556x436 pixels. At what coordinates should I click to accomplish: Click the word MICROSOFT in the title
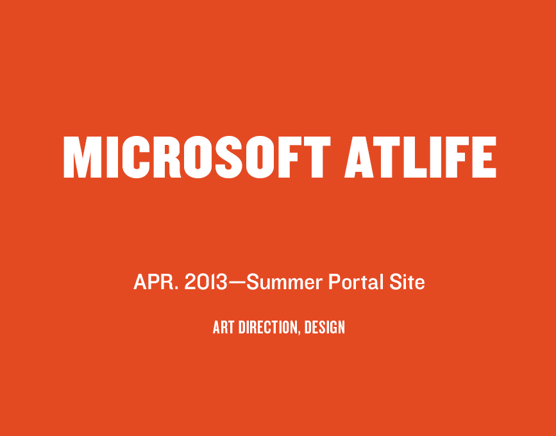point(197,157)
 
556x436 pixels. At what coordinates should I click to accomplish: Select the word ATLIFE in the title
point(420,157)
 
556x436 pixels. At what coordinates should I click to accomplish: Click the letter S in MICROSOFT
point(229,157)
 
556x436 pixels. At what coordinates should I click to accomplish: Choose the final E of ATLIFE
point(484,157)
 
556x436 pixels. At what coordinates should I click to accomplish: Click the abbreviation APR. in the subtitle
point(156,282)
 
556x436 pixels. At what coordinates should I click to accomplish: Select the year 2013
point(206,282)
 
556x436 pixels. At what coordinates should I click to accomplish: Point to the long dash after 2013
point(237,283)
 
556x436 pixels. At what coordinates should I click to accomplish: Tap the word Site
point(407,282)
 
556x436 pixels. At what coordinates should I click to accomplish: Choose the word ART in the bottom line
point(223,327)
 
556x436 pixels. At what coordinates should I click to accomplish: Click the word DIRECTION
point(268,327)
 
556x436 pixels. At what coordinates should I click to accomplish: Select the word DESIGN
point(324,327)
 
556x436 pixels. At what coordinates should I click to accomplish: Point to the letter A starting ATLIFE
point(359,157)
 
